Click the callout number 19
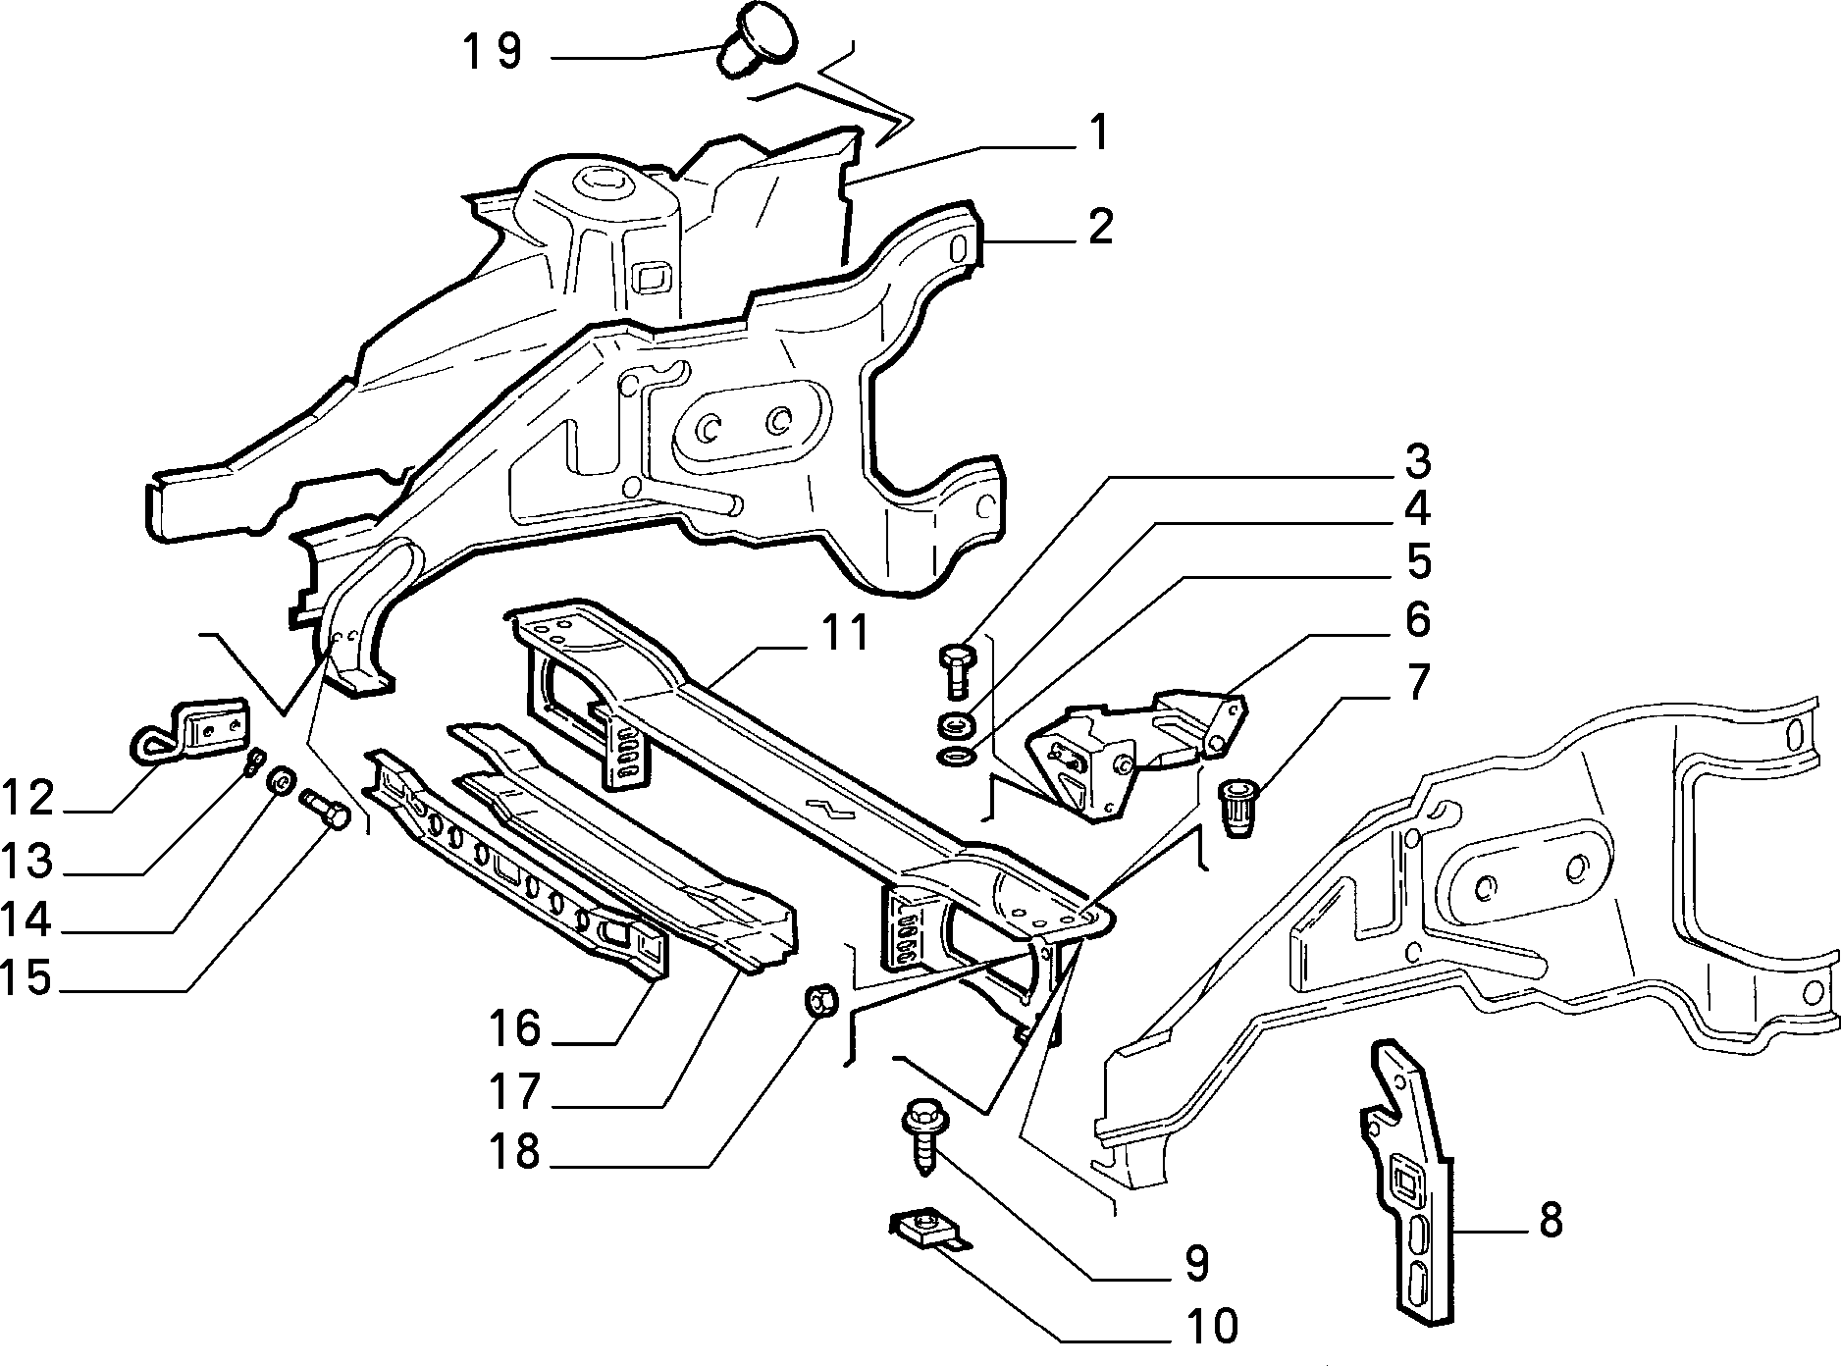pyautogui.click(x=492, y=53)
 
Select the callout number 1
pyautogui.click(x=1099, y=131)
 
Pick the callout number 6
pyautogui.click(x=1417, y=619)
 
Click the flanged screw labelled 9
pyautogui.click(x=920, y=1141)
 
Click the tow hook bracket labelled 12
pyautogui.click(x=189, y=733)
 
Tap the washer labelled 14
pyautogui.click(x=281, y=782)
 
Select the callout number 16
pyautogui.click(x=516, y=1028)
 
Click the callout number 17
pyautogui.click(x=515, y=1089)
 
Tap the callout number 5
pyautogui.click(x=1417, y=561)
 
